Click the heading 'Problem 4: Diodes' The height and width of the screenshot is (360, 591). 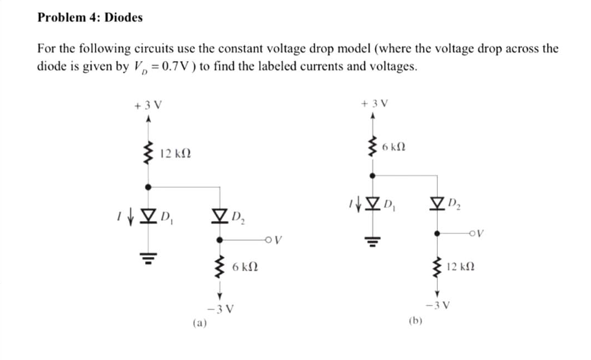pyautogui.click(x=90, y=18)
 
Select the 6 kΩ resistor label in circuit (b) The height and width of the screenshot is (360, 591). pyautogui.click(x=394, y=147)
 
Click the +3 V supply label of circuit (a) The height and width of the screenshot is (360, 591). pyautogui.click(x=147, y=105)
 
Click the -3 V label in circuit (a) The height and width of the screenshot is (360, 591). pyautogui.click(x=220, y=308)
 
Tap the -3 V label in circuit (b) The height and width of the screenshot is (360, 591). pyautogui.click(x=436, y=305)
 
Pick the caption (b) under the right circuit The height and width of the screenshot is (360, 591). pyautogui.click(x=416, y=320)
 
